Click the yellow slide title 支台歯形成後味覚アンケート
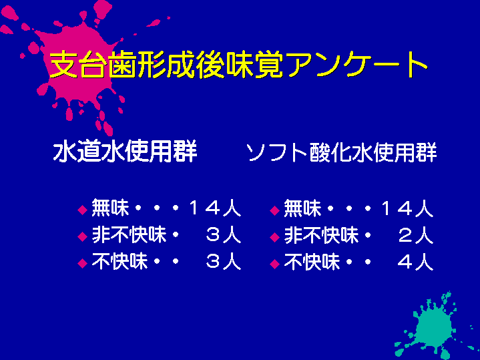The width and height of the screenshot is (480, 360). [x=238, y=65]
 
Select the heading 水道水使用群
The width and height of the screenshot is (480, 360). [x=126, y=152]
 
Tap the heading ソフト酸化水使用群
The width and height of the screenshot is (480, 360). [x=342, y=152]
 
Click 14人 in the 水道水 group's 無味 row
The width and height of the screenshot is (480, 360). [x=215, y=208]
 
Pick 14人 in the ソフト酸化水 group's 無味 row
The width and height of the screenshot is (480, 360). [x=407, y=208]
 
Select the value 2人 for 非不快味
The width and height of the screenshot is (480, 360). [x=416, y=235]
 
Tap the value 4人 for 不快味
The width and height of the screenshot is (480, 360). [x=416, y=262]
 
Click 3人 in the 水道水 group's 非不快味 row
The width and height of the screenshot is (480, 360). [x=224, y=235]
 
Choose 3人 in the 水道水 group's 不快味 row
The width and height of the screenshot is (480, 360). [x=224, y=262]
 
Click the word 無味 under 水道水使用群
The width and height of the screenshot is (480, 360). [x=110, y=208]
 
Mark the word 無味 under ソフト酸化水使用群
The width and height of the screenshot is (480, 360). [x=302, y=208]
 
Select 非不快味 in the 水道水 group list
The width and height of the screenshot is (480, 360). [x=129, y=235]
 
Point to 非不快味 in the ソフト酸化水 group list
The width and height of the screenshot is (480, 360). [x=321, y=235]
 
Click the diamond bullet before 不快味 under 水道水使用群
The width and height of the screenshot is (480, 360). [x=83, y=264]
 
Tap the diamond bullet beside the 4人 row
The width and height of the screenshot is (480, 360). [x=275, y=264]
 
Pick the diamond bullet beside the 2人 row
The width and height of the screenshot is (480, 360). [x=275, y=237]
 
